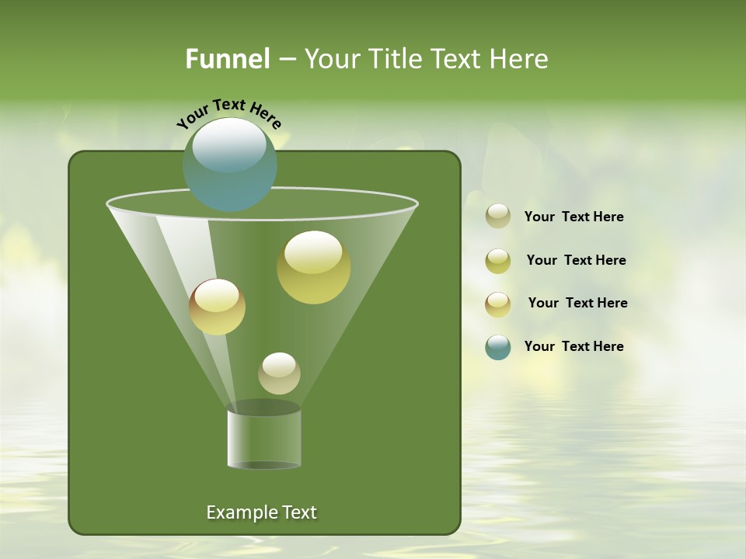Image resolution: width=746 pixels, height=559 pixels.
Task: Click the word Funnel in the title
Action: [x=227, y=59]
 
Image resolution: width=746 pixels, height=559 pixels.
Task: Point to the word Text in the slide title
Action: [x=459, y=59]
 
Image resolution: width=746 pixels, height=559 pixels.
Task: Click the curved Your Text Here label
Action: [x=229, y=113]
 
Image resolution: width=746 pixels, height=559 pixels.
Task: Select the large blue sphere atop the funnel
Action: [x=230, y=165]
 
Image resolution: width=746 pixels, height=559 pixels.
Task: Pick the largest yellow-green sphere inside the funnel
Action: [x=313, y=266]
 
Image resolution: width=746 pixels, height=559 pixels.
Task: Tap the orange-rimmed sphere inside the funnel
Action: [x=217, y=306]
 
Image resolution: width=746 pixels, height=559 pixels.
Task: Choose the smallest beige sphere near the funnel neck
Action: [x=279, y=373]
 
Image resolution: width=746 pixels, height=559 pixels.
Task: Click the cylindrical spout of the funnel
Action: [x=264, y=439]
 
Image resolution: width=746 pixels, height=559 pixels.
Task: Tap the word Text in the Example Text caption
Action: [x=298, y=512]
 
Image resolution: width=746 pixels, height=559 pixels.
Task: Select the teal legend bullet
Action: [x=498, y=347]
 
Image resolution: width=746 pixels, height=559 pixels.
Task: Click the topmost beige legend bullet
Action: [x=498, y=216]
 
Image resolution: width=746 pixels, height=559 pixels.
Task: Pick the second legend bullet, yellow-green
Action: [x=498, y=260]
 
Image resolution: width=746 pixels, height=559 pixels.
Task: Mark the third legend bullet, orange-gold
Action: [x=498, y=304]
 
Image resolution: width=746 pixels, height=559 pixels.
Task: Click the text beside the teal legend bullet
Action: [x=573, y=346]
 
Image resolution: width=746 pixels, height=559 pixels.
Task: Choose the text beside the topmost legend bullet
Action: [x=573, y=217]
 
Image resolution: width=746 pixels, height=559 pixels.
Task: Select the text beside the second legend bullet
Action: [x=576, y=260]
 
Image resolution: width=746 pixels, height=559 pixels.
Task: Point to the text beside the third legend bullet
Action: [x=577, y=303]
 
